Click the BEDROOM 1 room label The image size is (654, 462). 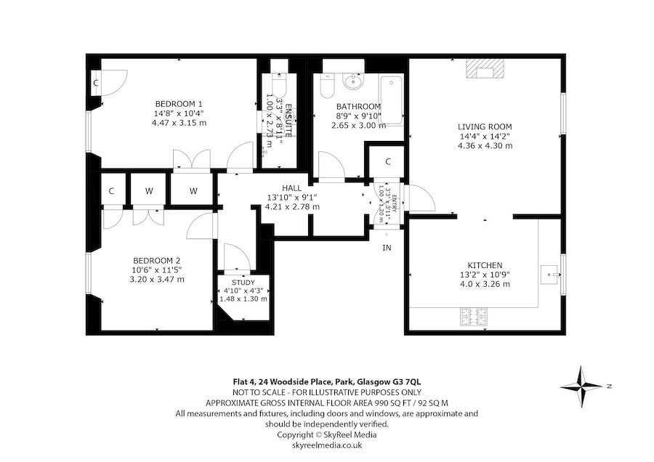point(178,103)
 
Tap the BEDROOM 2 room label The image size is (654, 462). point(156,261)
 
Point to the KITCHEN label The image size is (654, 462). point(485,265)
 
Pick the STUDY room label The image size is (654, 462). point(243,282)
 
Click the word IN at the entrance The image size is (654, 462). point(387,248)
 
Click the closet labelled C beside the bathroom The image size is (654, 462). point(389,161)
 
